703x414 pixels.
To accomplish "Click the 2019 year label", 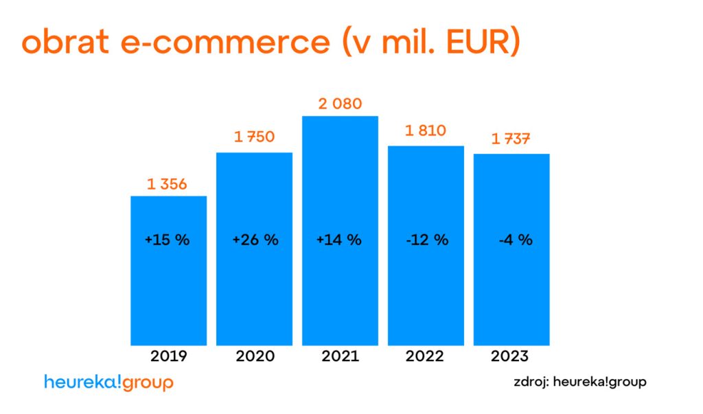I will [x=169, y=356].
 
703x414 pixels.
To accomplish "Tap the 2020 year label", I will [x=255, y=356].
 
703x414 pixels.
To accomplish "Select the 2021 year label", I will [x=340, y=356].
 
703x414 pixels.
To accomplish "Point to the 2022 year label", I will [x=425, y=356].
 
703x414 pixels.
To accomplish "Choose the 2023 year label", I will [x=510, y=356].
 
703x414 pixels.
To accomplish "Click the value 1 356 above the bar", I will [x=167, y=184].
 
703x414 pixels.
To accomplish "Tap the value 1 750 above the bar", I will [x=254, y=137].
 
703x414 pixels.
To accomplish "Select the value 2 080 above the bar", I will [x=340, y=104].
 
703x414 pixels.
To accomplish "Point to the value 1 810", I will [x=426, y=130].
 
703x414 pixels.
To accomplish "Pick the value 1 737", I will [x=511, y=139].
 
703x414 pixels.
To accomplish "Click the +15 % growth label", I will [x=167, y=240].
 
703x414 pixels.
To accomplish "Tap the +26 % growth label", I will [x=255, y=240].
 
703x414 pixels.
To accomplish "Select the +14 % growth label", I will [x=338, y=240].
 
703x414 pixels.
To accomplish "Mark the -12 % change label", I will [x=426, y=240].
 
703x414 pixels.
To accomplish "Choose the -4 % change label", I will [x=516, y=240].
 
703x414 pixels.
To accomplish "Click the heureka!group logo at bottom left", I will [x=108, y=382].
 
